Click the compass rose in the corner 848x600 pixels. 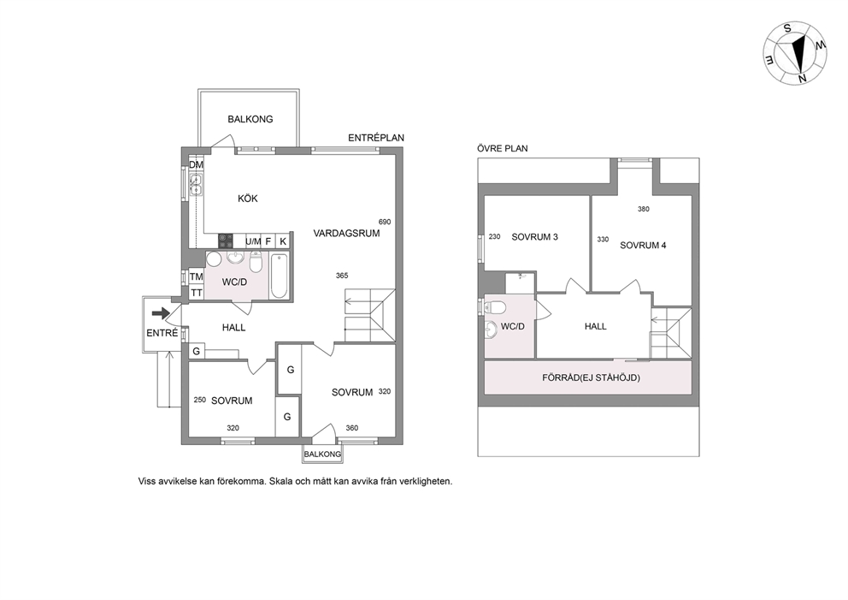tap(795, 53)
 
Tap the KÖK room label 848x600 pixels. tap(248, 199)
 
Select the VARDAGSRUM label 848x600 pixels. tap(346, 234)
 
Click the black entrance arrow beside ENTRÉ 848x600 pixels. tap(160, 313)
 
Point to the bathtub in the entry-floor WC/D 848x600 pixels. tap(279, 275)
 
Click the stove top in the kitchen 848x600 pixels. tap(226, 241)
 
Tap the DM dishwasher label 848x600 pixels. tap(196, 164)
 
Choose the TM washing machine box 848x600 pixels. tap(196, 276)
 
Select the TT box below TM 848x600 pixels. tap(196, 293)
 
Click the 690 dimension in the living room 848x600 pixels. tap(385, 222)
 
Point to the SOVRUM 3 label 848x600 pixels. tap(535, 236)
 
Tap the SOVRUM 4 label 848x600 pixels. tap(643, 246)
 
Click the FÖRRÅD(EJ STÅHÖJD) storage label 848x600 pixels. tap(591, 377)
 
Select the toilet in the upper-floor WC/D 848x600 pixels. tap(495, 307)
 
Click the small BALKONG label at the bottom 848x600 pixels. tap(322, 454)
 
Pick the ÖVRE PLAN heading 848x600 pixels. tap(503, 148)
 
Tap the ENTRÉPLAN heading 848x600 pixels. tap(376, 138)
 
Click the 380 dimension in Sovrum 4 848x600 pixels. tap(644, 209)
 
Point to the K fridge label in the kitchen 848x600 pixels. tap(283, 241)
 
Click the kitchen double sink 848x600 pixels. tap(196, 185)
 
